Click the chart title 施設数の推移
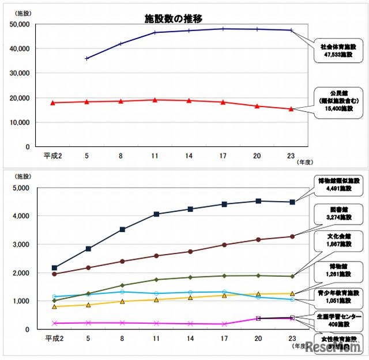(174, 19)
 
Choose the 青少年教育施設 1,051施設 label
(338, 297)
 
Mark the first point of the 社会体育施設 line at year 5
(87, 58)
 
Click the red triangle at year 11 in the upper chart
(155, 100)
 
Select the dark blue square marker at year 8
(122, 229)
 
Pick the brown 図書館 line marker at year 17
(224, 245)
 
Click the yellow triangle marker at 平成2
(54, 307)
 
